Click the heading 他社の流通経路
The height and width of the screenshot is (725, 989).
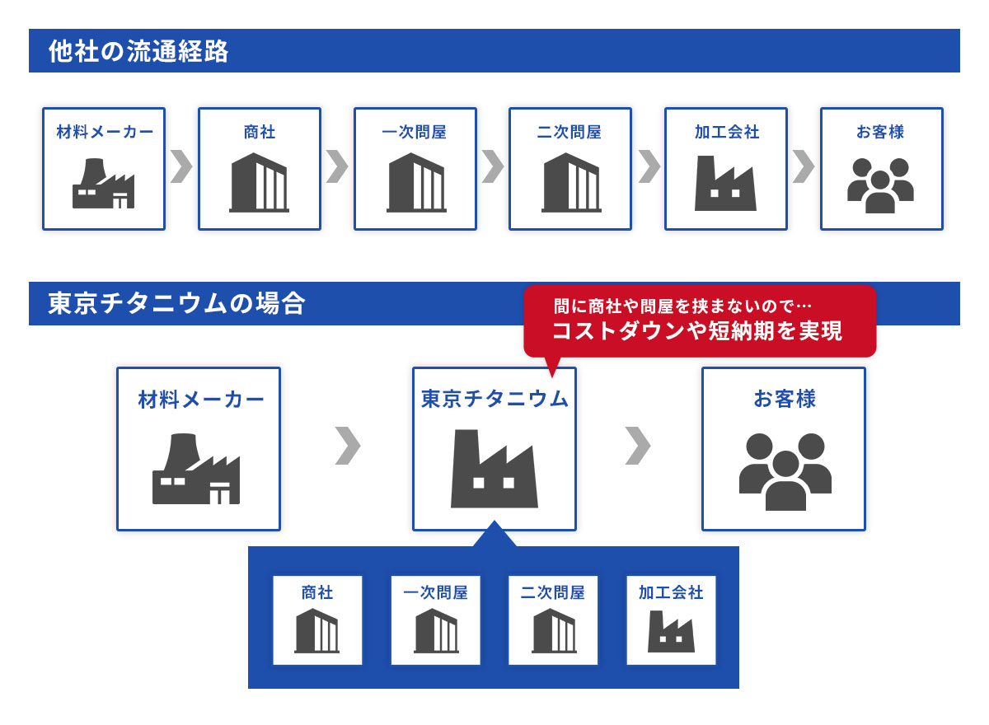pyautogui.click(x=138, y=51)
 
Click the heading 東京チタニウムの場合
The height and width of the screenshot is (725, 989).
pyautogui.click(x=176, y=304)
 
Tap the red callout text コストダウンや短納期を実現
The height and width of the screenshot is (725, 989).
pyautogui.click(x=696, y=331)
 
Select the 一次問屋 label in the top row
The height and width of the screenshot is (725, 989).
pyautogui.click(x=415, y=132)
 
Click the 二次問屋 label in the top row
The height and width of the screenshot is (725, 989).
pyautogui.click(x=569, y=132)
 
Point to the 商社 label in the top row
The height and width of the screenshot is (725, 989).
pyautogui.click(x=260, y=132)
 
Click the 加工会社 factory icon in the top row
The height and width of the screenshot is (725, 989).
pyautogui.click(x=725, y=184)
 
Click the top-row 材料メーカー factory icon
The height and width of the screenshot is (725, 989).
pyautogui.click(x=103, y=184)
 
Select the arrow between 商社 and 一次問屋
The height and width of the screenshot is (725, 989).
pyautogui.click(x=337, y=166)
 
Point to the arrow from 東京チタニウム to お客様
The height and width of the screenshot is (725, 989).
pyautogui.click(x=638, y=446)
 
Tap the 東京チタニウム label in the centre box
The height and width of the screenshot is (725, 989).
pyautogui.click(x=494, y=399)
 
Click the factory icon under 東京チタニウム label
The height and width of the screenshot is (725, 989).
pyautogui.click(x=494, y=469)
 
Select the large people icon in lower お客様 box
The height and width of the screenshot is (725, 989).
pyautogui.click(x=785, y=471)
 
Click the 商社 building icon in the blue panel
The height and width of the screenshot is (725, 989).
pyautogui.click(x=317, y=631)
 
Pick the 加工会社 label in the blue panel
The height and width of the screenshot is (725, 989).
pyautogui.click(x=671, y=592)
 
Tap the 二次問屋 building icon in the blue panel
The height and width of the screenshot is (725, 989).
pyautogui.click(x=553, y=631)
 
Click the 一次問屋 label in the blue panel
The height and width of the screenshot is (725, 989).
pyautogui.click(x=435, y=592)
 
